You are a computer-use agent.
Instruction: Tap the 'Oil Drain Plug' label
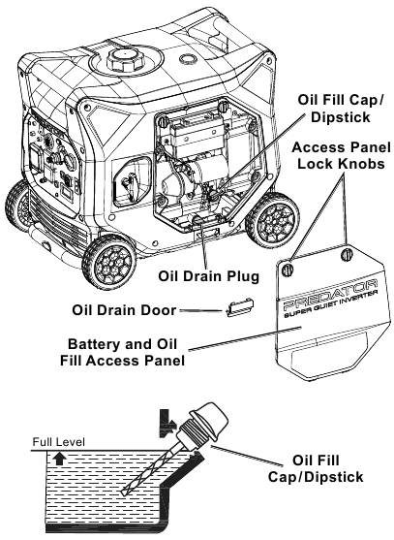pyautogui.click(x=208, y=276)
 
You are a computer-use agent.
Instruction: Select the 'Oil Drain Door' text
pyautogui.click(x=124, y=310)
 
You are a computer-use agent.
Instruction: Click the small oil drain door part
pyautogui.click(x=240, y=307)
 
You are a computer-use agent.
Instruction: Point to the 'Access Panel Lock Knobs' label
pyautogui.click(x=341, y=155)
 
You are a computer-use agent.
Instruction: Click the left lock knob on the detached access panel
pyautogui.click(x=288, y=269)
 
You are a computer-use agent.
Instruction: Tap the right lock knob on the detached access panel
pyautogui.click(x=347, y=255)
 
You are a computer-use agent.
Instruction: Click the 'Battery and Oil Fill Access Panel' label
pyautogui.click(x=122, y=352)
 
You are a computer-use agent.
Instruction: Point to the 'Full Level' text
pyautogui.click(x=58, y=442)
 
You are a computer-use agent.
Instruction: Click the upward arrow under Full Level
pyautogui.click(x=61, y=460)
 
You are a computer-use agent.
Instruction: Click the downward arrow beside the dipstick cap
pyautogui.click(x=167, y=424)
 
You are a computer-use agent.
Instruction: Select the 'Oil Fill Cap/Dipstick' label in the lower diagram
pyautogui.click(x=316, y=468)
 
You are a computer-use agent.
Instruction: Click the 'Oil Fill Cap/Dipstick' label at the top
pyautogui.click(x=341, y=109)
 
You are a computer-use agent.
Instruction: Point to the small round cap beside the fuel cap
pyautogui.click(x=188, y=58)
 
